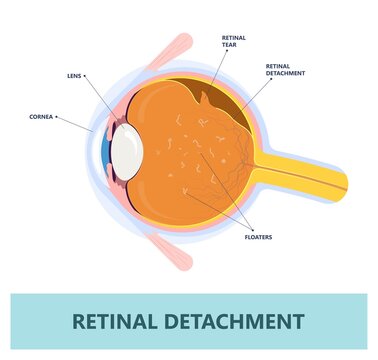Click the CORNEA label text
[41, 117]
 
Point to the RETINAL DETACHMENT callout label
[284, 69]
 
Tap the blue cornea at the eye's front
[104, 149]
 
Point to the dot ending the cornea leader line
[59, 117]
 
